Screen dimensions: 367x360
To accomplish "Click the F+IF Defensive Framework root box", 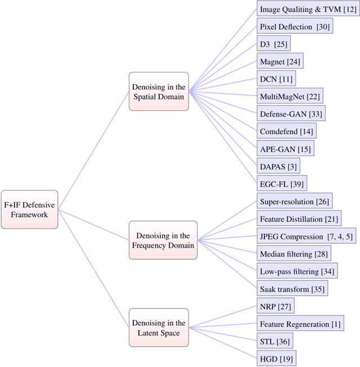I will pos(29,209).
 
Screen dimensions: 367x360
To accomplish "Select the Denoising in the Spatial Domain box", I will pos(158,91).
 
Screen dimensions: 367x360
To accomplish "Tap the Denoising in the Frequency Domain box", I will pos(163,240).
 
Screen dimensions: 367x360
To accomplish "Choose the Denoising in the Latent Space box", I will pos(158,327).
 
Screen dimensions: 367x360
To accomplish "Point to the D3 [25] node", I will pos(273,44).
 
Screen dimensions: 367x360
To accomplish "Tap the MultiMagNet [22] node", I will pos(290,96).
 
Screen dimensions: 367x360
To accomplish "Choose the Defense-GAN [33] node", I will pos(291,114).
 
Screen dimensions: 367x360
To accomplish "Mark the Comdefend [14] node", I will pos(286,131).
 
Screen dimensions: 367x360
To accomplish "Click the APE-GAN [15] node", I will pos(285,148).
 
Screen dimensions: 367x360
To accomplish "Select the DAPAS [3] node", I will pos(278,166).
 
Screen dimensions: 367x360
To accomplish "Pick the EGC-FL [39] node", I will pos(282,183).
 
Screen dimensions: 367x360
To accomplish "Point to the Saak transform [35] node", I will pos(291,289).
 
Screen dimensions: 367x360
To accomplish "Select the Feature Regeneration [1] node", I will pos(300,324).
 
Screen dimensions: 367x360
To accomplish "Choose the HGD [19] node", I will pos(276,359).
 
